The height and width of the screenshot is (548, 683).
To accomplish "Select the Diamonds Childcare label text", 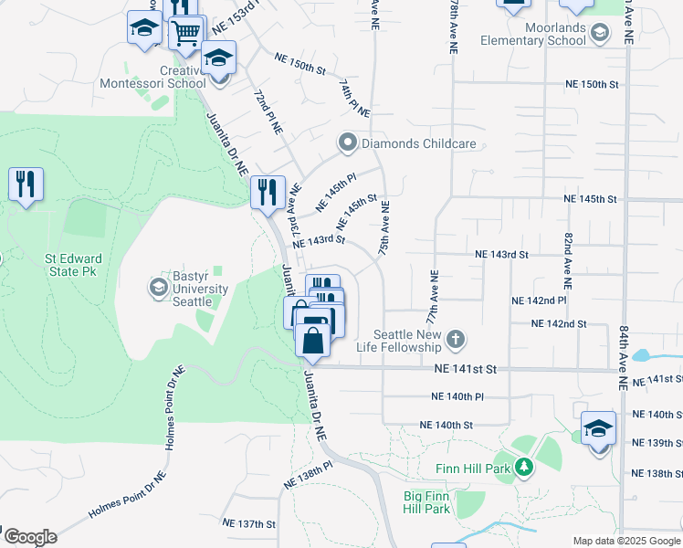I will pos(418,143).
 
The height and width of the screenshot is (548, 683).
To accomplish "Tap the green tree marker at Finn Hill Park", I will pos(523,469).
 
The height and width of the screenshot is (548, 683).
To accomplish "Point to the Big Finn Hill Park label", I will pos(426,502).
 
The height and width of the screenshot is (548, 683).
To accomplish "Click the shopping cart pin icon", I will pos(186,32).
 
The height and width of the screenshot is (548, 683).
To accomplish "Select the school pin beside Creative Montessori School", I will pos(218,58).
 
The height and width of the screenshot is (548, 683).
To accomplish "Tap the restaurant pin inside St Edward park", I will pos(26,184).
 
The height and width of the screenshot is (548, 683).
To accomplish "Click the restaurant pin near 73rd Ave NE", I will pos(268,191).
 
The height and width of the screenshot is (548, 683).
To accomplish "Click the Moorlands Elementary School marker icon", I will pos(600,34).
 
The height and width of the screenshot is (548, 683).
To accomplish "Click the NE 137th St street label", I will pos(248,523).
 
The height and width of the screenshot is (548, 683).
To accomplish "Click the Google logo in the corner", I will pos(29,537).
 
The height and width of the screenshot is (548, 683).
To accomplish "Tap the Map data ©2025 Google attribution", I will pos(626,541).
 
